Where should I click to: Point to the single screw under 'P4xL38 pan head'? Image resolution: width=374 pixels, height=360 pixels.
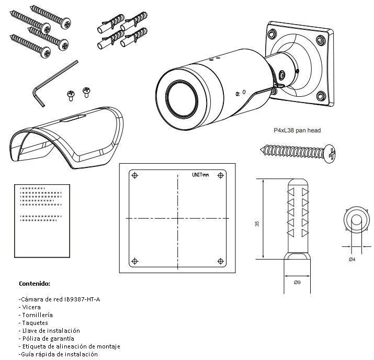click(x=298, y=152)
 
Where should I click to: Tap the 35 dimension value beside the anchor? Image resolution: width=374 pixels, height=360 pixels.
click(x=257, y=223)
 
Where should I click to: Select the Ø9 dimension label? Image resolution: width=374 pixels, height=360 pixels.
click(x=297, y=282)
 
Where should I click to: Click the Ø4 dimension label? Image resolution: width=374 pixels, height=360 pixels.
click(x=352, y=258)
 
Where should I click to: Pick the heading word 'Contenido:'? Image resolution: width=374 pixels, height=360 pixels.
click(x=35, y=284)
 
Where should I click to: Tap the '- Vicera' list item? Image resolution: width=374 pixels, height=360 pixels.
click(x=32, y=307)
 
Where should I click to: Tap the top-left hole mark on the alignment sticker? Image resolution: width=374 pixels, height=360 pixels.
click(x=135, y=175)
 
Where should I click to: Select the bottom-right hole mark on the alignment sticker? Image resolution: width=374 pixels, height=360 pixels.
click(x=219, y=260)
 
